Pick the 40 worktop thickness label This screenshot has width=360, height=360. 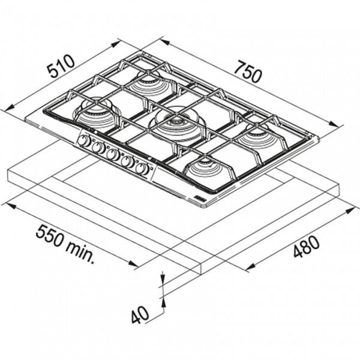[139, 316]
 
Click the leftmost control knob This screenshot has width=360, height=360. [85, 142]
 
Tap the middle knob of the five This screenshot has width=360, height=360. [112, 154]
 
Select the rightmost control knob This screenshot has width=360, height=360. [142, 168]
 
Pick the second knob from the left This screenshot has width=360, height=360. [98, 148]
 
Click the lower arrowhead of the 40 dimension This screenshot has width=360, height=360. [162, 302]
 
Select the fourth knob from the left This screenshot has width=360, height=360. [127, 161]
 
